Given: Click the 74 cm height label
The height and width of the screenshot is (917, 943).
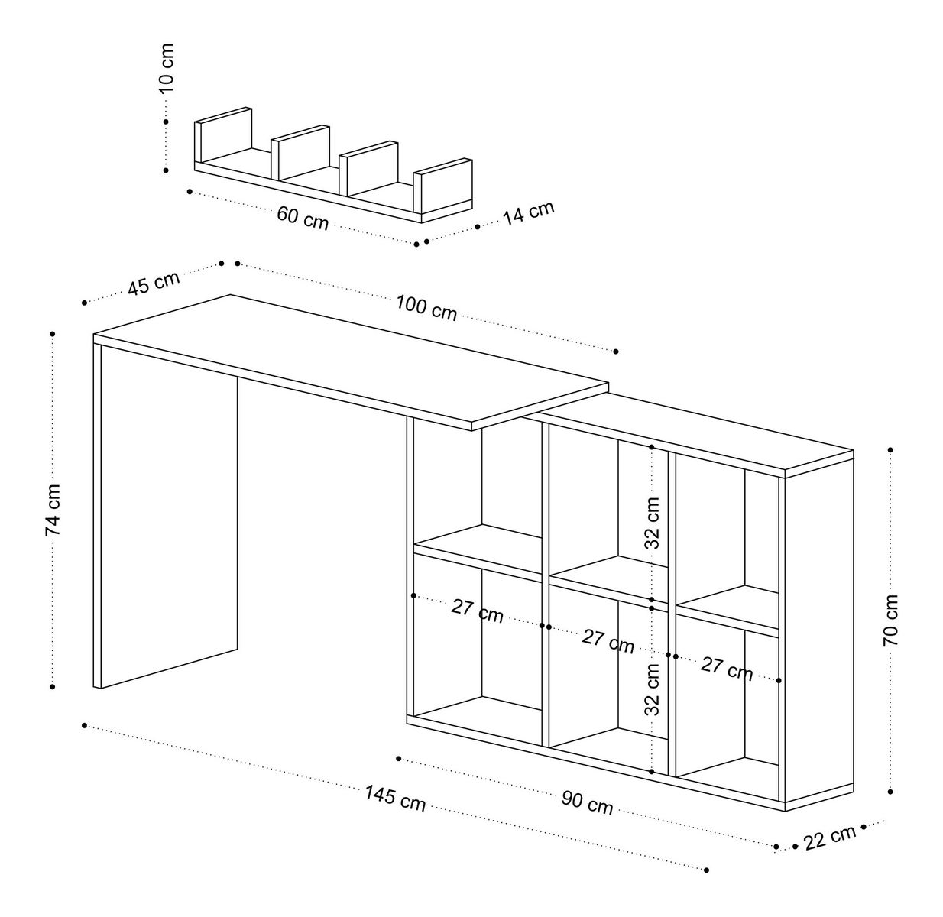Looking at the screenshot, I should [x=52, y=510].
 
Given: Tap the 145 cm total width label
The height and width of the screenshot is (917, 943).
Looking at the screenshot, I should [x=394, y=799].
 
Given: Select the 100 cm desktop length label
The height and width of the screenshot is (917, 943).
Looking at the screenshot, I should [x=426, y=307].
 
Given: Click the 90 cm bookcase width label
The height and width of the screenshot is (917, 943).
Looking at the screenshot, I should [x=587, y=802].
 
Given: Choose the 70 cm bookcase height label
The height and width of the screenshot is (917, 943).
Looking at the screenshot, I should [x=891, y=620].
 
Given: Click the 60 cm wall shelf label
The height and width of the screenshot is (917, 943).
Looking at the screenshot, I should [x=302, y=218].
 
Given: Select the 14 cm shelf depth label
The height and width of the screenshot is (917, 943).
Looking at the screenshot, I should [x=528, y=212].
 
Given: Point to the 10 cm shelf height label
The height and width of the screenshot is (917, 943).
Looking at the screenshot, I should [x=167, y=69].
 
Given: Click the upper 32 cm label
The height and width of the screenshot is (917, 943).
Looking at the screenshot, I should [x=652, y=523].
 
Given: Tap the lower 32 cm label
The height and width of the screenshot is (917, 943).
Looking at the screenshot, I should [x=652, y=688].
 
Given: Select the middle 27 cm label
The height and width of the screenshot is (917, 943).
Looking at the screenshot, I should [x=608, y=640].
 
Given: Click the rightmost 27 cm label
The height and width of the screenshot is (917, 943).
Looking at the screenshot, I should [x=727, y=669].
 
